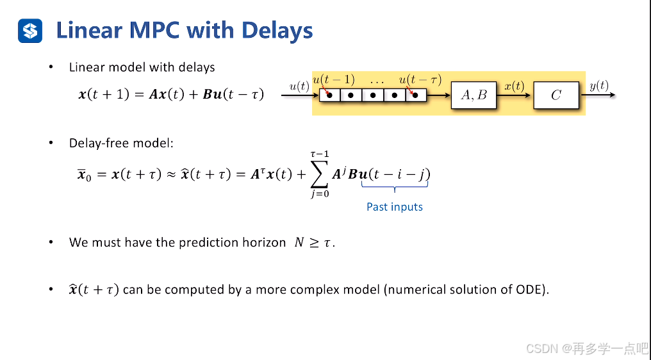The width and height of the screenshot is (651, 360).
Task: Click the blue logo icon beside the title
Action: pos(30,30)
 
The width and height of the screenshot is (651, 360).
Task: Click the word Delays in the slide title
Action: pos(277,30)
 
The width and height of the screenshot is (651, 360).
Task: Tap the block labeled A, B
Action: pos(474,95)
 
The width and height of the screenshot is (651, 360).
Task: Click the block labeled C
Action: pos(556,95)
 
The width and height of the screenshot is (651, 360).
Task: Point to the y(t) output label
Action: pos(598,85)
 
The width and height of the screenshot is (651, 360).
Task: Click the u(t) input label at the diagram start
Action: pos(299,85)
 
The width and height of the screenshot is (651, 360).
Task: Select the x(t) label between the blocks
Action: pos(514,85)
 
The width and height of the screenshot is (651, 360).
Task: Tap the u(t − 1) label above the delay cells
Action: pos(333,79)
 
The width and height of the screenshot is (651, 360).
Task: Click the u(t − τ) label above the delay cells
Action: pos(420,79)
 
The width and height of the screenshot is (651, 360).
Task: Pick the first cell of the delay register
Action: pos(329,95)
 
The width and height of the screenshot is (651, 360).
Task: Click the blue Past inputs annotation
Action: pos(395,207)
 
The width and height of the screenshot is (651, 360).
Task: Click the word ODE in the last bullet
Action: pos(531,289)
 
